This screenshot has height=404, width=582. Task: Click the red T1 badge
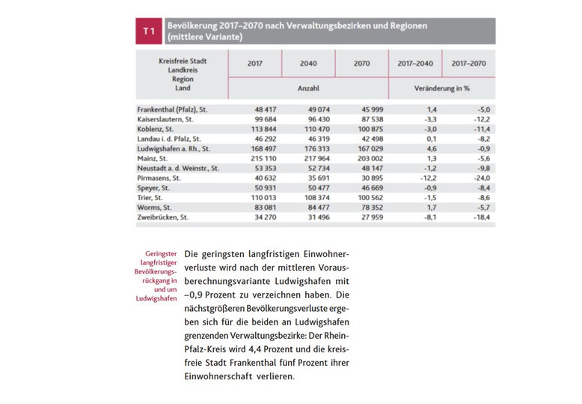click(150, 31)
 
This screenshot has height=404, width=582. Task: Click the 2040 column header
click(308, 64)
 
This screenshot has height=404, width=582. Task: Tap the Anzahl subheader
click(308, 88)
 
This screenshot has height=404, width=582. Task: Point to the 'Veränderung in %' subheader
click(441, 88)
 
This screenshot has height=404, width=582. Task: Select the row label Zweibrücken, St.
click(162, 217)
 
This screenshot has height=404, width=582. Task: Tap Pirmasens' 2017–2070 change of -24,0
click(478, 178)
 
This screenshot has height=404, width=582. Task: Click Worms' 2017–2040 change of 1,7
click(428, 207)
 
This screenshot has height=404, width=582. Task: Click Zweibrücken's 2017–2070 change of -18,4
click(478, 217)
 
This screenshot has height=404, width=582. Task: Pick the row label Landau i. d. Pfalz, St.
click(169, 139)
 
